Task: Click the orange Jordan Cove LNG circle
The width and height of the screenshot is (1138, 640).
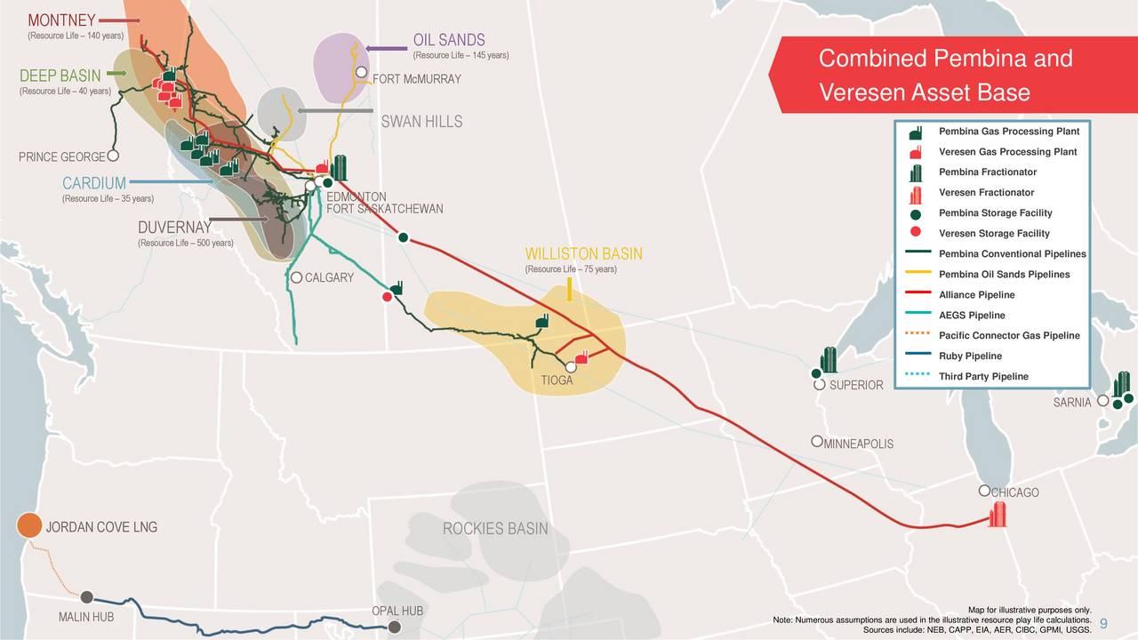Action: click(x=29, y=525)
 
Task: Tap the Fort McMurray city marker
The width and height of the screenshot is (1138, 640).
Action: click(x=362, y=72)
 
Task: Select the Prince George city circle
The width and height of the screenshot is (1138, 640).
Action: click(x=113, y=156)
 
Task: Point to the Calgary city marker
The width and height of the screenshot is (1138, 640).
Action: click(x=297, y=277)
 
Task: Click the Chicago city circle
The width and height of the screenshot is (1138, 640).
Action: click(x=984, y=491)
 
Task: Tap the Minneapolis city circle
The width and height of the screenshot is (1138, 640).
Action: click(x=816, y=442)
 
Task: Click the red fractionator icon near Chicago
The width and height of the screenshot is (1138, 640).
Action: click(x=998, y=515)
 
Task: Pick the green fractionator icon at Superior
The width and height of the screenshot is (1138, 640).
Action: click(x=829, y=360)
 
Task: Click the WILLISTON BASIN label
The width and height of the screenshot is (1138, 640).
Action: click(x=583, y=255)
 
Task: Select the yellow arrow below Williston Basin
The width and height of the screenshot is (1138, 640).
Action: click(x=569, y=289)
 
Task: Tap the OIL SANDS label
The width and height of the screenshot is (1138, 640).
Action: click(x=449, y=40)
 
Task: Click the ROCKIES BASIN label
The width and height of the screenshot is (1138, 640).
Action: click(x=495, y=530)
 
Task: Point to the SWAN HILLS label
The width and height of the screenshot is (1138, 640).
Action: click(x=421, y=122)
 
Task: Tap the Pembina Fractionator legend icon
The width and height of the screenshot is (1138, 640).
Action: click(x=916, y=172)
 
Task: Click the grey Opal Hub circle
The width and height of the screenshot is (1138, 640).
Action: click(x=394, y=628)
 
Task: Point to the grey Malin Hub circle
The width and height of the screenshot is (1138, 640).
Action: click(x=87, y=597)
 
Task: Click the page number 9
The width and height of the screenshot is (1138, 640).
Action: click(x=1103, y=623)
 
